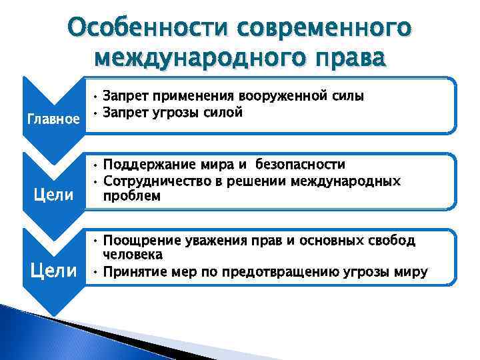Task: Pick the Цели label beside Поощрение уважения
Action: (55, 271)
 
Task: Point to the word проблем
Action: (132, 196)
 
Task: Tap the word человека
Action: (133, 255)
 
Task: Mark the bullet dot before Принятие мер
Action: (96, 271)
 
